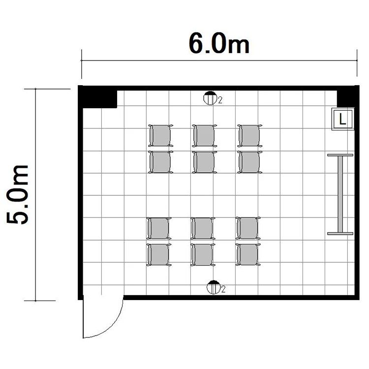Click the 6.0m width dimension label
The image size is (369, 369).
pyautogui.click(x=219, y=44)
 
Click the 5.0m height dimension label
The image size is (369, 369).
pyautogui.click(x=17, y=195)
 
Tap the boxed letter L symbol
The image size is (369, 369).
pyautogui.click(x=343, y=119)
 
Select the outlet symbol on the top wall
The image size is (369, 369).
pyautogui.click(x=210, y=98)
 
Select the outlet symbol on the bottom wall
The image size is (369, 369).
pyautogui.click(x=214, y=287)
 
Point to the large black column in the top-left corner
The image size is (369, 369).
pyautogui.click(x=98, y=97)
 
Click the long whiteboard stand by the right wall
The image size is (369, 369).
pyautogui.click(x=340, y=194)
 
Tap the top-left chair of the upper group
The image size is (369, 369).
pyautogui.click(x=160, y=136)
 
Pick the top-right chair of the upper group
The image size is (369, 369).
pyautogui.click(x=249, y=136)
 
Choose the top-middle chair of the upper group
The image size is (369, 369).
pyautogui.click(x=205, y=136)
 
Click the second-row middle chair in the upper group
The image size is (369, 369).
pyautogui.click(x=205, y=162)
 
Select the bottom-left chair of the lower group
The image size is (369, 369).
pyautogui.click(x=159, y=255)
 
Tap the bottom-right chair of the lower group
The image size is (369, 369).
pyautogui.click(x=248, y=255)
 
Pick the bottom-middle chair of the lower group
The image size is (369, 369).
pyautogui.click(x=203, y=255)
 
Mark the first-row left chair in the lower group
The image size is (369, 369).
pyautogui.click(x=159, y=228)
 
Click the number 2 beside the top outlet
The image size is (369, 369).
pyautogui.click(x=220, y=100)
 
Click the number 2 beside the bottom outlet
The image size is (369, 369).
pyautogui.click(x=223, y=289)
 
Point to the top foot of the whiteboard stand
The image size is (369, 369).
pyautogui.click(x=340, y=155)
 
